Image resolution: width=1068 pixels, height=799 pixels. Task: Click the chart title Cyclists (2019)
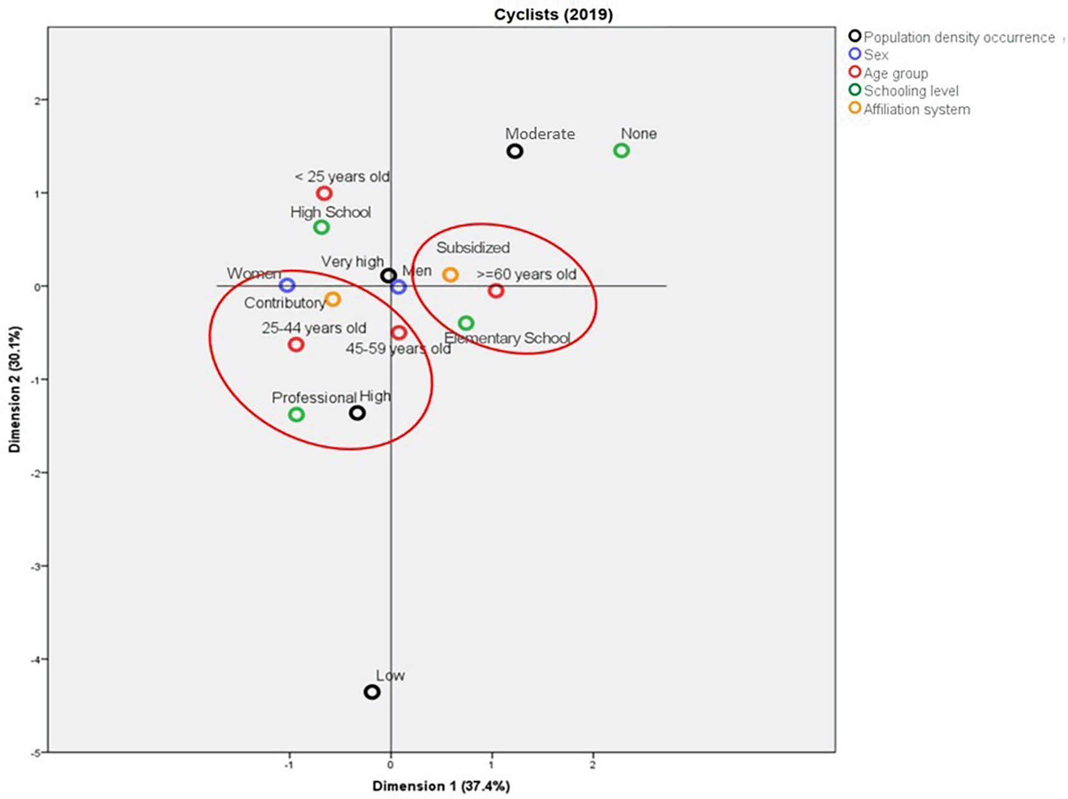coord(553,14)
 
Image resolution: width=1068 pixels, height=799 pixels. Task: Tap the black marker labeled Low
coord(372,692)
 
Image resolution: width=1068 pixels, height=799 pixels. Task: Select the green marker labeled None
coord(621,150)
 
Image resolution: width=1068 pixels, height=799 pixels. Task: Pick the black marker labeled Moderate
coord(514,151)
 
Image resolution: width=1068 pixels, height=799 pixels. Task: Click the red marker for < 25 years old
coord(324,193)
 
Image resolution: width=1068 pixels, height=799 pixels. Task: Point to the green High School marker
coord(321,227)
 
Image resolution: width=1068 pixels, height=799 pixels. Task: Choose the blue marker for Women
coord(287,285)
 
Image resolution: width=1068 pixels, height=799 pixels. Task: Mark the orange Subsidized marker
coord(450,274)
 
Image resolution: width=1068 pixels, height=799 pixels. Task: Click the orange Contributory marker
coord(333,299)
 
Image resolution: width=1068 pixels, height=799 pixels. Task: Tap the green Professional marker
coord(296,415)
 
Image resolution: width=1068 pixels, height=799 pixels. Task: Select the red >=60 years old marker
coord(496,291)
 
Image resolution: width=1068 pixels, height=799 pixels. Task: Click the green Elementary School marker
coord(466,323)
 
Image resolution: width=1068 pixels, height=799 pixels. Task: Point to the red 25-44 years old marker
coord(296,344)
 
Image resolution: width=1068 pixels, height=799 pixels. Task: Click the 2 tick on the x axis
coord(593,764)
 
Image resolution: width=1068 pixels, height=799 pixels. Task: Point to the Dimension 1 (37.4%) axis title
coord(441,786)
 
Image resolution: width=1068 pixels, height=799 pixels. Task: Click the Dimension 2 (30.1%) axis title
coord(15,389)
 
